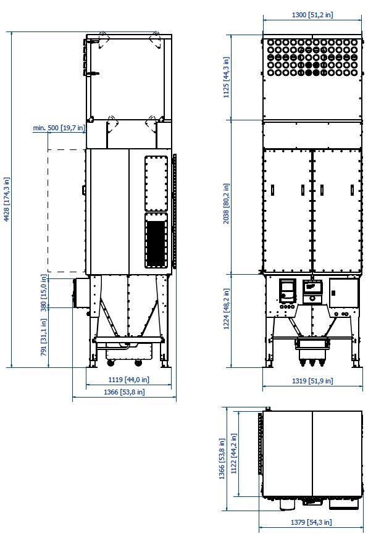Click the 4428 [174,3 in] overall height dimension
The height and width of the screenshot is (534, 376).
6,199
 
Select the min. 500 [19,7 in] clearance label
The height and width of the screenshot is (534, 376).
59,128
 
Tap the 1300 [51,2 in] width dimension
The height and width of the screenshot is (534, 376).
312,15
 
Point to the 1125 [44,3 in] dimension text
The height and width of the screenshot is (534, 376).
226,77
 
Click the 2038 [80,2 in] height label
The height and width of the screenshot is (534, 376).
226,204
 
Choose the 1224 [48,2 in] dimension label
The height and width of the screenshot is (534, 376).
226,309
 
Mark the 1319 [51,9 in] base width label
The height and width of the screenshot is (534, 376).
312,381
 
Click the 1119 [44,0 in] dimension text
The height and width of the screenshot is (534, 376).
129,380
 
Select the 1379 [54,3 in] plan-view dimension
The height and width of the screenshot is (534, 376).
311,522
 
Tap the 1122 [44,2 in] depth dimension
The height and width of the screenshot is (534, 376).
233,454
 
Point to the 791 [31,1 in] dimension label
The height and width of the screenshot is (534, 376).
43,337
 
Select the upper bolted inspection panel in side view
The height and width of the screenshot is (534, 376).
156,183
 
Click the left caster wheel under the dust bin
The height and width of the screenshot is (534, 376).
111,363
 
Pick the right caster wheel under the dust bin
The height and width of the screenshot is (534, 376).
138,363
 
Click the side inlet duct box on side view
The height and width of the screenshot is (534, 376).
80,292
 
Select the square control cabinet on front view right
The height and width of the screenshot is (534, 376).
344,293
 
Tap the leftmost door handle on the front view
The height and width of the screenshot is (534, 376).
272,190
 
